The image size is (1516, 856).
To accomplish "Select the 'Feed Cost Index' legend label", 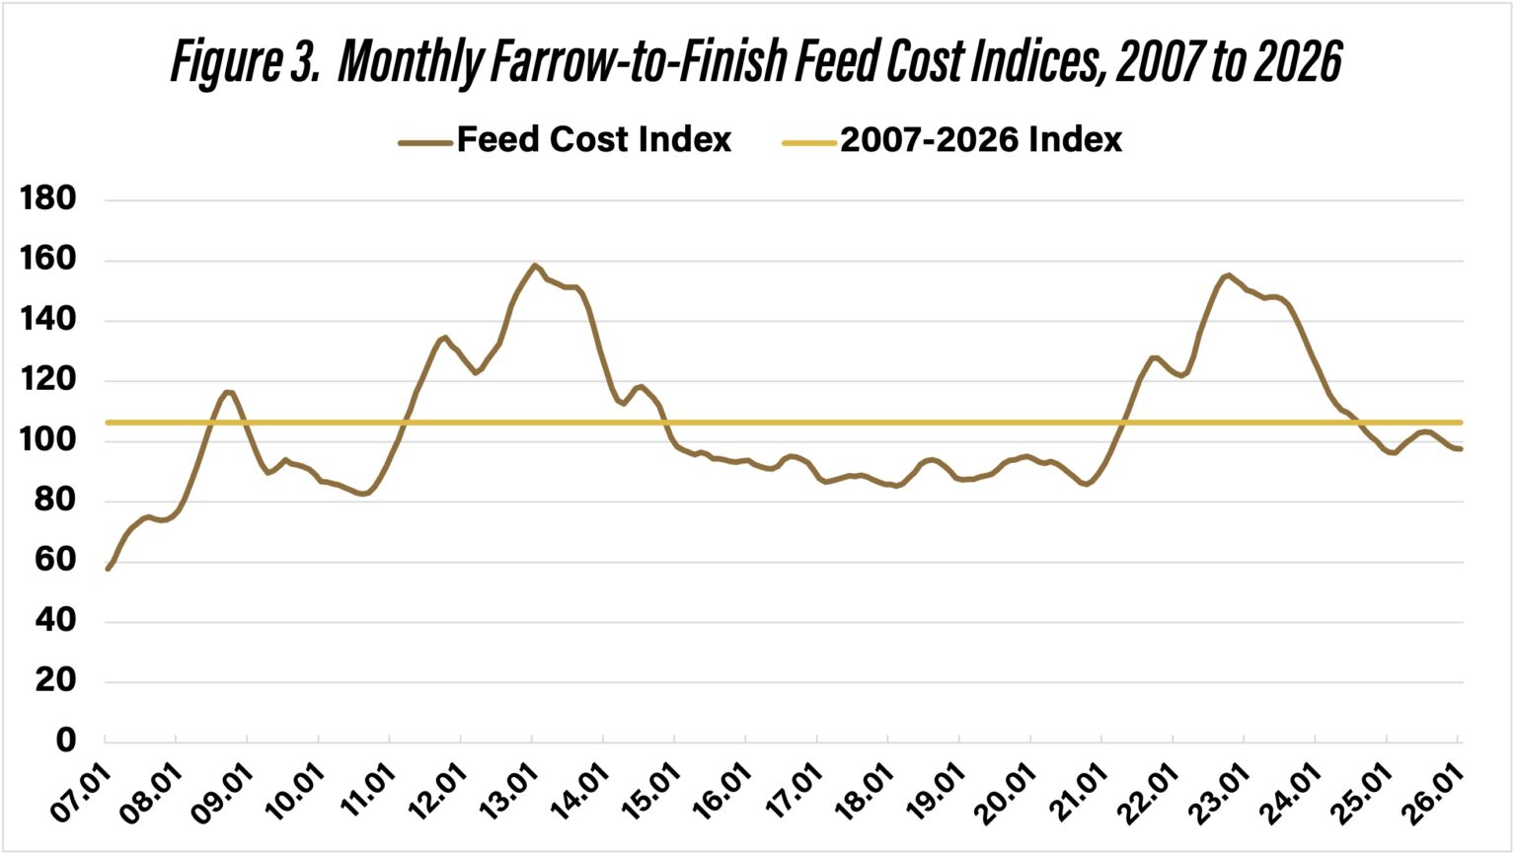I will pos(593,140).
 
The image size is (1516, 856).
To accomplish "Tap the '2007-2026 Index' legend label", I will pos(981,140).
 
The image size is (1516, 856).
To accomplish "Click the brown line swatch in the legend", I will pos(425,142).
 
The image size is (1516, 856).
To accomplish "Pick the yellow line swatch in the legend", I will pos(809,142).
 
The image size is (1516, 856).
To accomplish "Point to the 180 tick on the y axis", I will pos(48,199).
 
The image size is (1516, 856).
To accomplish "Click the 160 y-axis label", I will pos(48,260).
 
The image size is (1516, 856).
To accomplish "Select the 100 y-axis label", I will pos(48,440).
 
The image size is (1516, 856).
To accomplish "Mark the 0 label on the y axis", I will pos(65,740).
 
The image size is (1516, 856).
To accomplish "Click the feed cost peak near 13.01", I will pos(534,265).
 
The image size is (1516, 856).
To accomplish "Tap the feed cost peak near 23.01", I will pos(1228,275).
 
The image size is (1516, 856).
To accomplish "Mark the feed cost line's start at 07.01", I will pos(108,569).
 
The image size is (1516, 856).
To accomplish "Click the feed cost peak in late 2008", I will pos(228,392).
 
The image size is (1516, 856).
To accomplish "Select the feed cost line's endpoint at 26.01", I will pos(1461,449).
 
